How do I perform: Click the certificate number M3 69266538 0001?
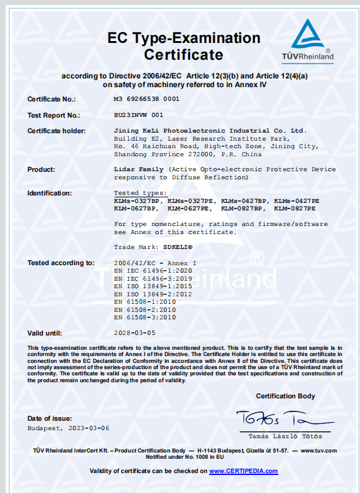point(147,99)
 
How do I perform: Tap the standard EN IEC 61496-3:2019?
point(144,279)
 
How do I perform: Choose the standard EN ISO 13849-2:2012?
point(144,294)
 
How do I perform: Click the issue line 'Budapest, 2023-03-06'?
point(69,428)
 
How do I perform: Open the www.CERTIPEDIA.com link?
point(243,471)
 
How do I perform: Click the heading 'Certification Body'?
point(285,396)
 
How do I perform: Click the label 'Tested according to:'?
point(61,263)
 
